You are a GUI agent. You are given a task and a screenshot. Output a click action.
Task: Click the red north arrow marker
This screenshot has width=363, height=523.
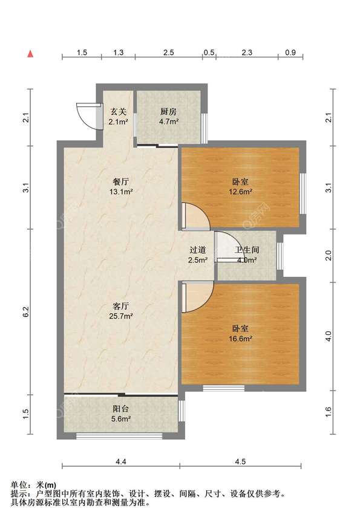click(x=30, y=54)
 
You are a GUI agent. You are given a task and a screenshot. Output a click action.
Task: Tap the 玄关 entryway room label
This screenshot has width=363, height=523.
click(x=119, y=111)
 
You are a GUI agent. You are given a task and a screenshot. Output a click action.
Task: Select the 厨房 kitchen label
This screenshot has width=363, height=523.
click(x=168, y=111)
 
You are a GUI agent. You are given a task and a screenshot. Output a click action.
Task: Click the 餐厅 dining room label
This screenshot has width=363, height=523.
click(x=120, y=182)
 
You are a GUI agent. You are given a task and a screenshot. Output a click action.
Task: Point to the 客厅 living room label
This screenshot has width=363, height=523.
click(x=121, y=306)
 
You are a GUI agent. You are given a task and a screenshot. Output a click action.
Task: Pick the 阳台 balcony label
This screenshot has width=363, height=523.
click(x=121, y=409)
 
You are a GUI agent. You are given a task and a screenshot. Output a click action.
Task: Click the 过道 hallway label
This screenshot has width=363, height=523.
click(x=198, y=250)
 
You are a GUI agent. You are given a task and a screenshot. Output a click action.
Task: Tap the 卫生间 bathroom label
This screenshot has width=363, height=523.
click(x=247, y=250)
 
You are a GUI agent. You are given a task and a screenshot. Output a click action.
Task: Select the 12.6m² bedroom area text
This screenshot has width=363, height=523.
click(x=240, y=192)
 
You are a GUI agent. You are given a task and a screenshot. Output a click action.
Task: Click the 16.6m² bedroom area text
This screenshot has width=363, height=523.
click(x=240, y=339)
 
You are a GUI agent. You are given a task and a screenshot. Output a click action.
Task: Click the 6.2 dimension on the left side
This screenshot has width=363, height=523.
click(x=27, y=311)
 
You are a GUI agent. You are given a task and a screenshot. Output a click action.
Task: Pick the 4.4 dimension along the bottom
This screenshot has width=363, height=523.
click(x=121, y=461)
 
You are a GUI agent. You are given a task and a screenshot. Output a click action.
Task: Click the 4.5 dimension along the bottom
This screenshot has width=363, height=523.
click(x=240, y=461)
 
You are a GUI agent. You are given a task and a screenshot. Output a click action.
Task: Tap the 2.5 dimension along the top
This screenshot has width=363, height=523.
click(x=168, y=53)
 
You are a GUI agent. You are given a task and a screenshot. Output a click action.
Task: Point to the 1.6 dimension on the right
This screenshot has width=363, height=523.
click(x=329, y=412)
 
